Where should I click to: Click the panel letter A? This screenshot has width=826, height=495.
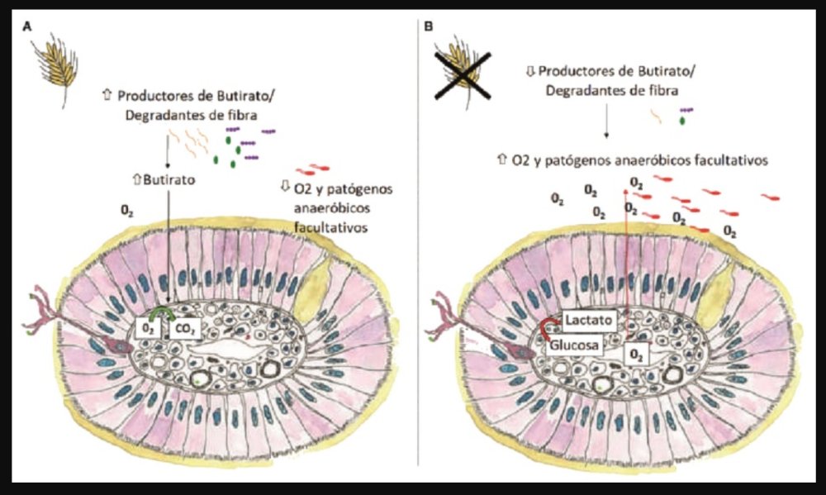pyautogui.click(x=28, y=26)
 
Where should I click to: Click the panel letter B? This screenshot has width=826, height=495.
pyautogui.click(x=429, y=26)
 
